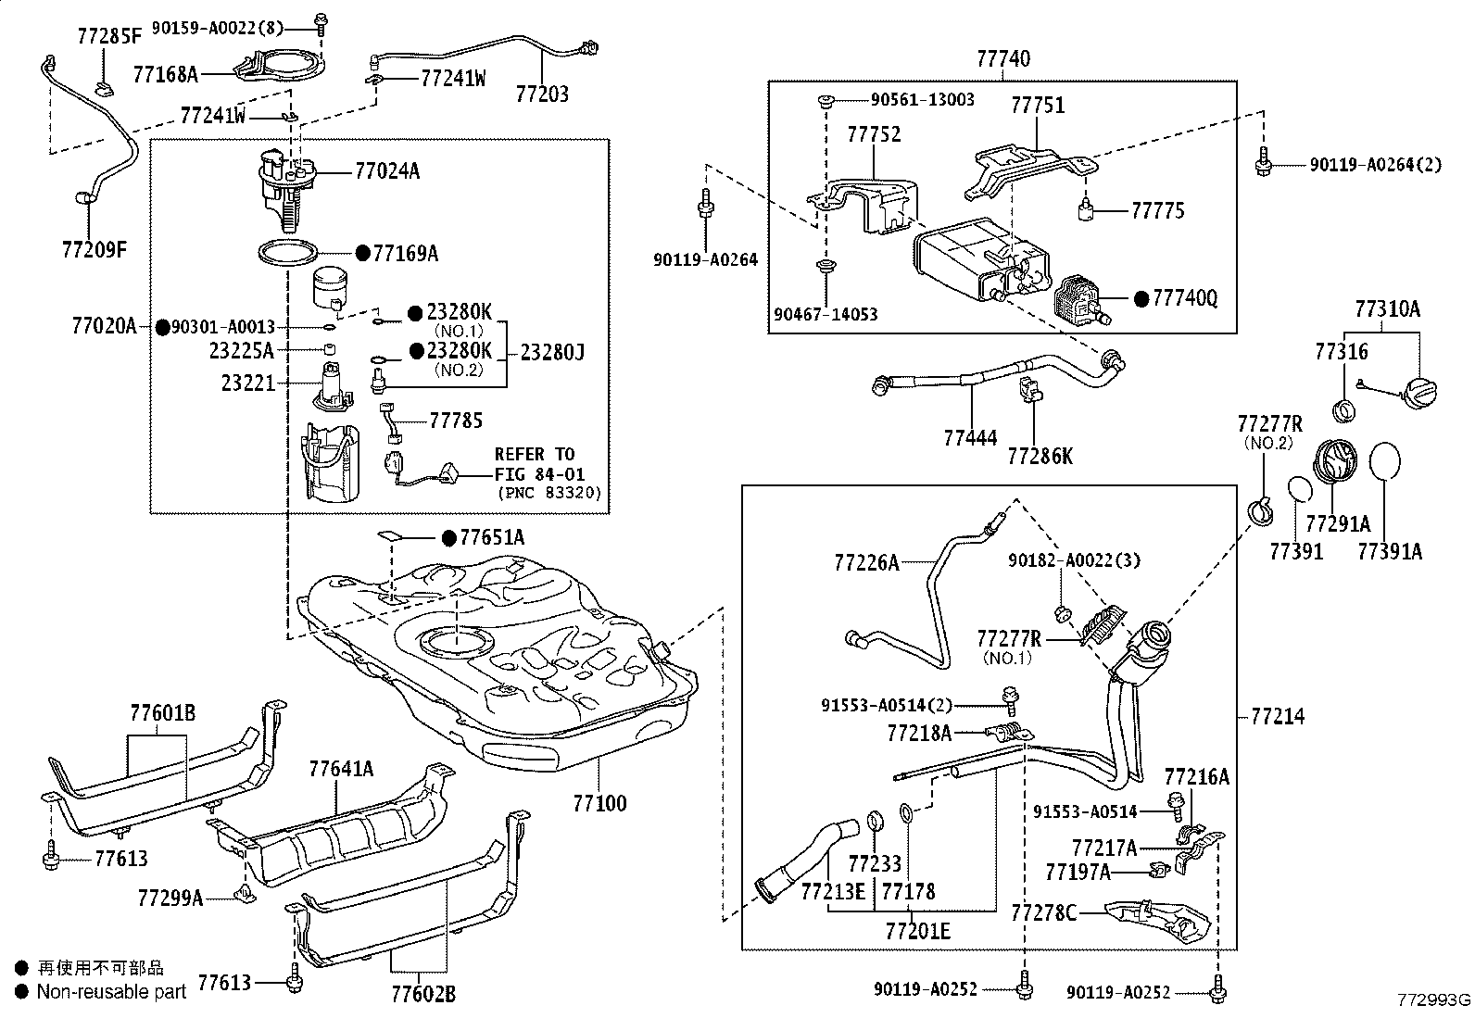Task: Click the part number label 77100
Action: coord(599,803)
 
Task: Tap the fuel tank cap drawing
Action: coord(1419,393)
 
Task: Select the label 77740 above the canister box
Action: coord(1003,58)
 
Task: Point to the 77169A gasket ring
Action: coord(288,254)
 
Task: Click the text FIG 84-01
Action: coord(539,474)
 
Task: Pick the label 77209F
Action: coord(95,249)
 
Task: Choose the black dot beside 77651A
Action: coord(449,538)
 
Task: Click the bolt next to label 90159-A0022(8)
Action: coord(321,24)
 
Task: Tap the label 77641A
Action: coord(341,769)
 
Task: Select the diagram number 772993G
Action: coord(1433,999)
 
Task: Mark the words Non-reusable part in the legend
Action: coord(111,991)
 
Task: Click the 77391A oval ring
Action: coord(1384,461)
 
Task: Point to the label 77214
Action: coord(1278,716)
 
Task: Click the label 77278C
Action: coord(1043,913)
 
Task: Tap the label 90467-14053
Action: coord(826,314)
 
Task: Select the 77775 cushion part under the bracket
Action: coord(1086,209)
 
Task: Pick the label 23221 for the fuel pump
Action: coord(248,383)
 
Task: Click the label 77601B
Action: coord(163,712)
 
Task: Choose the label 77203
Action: coord(542,94)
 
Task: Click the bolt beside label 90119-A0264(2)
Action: coord(1262,160)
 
